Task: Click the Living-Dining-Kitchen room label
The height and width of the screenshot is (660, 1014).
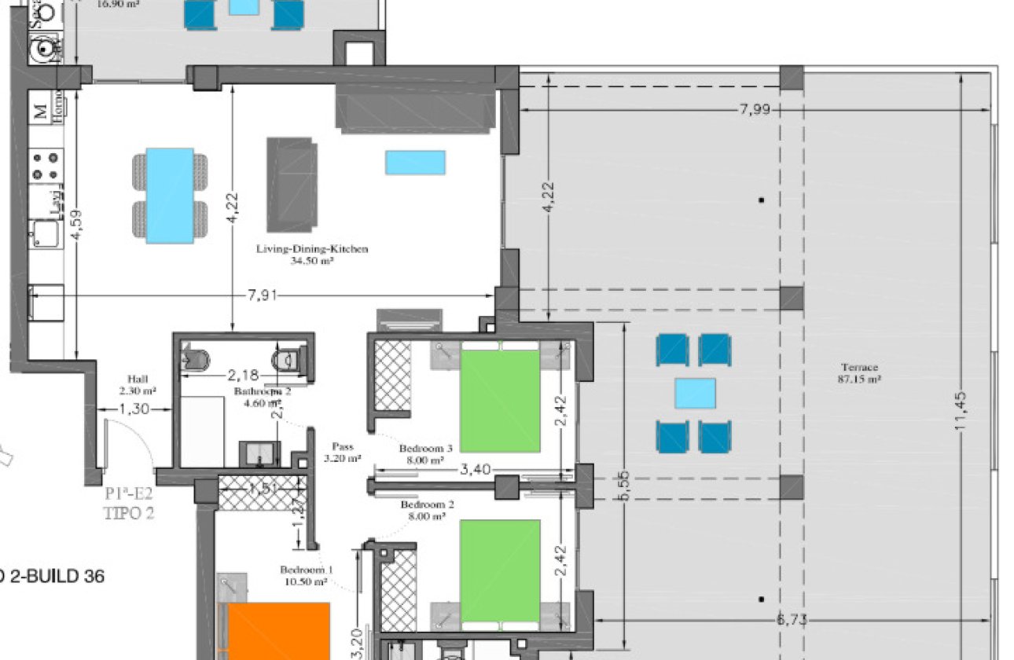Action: click(312, 249)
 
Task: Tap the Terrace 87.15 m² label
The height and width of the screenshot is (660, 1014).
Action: click(859, 372)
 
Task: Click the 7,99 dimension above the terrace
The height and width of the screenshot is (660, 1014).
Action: click(755, 109)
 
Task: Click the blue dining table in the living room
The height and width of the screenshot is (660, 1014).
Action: click(170, 196)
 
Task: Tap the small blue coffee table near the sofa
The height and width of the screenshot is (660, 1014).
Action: click(415, 163)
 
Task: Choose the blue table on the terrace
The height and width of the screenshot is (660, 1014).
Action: click(695, 393)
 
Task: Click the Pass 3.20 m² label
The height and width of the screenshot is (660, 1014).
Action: click(343, 451)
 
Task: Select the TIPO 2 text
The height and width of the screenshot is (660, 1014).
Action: click(129, 515)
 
